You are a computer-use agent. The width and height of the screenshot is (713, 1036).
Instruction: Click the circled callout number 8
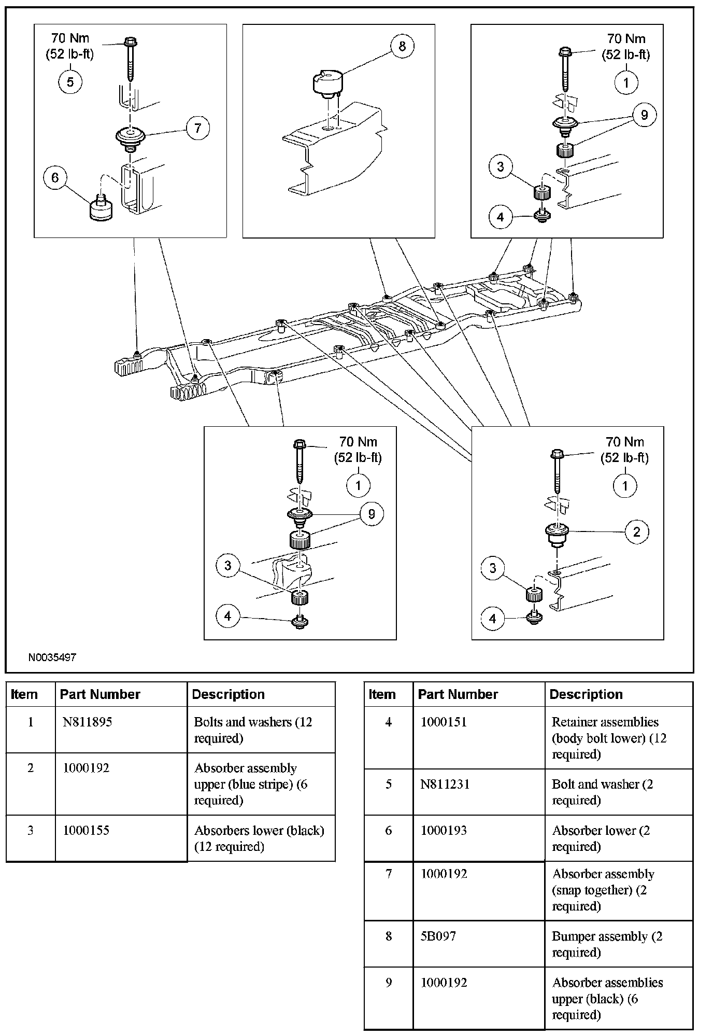(402, 47)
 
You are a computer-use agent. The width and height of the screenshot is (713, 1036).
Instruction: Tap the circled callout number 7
(198, 128)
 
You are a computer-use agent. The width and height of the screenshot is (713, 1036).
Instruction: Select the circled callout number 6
(55, 178)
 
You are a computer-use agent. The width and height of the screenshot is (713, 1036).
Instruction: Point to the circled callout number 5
(70, 82)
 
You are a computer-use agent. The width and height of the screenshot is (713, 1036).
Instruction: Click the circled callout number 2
(636, 531)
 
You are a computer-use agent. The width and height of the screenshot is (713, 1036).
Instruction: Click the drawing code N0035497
(52, 657)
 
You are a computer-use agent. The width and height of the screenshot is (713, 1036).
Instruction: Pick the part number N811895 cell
(87, 722)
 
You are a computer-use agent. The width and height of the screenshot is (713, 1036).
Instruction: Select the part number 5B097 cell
(438, 936)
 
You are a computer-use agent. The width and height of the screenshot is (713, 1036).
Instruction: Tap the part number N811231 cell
(445, 784)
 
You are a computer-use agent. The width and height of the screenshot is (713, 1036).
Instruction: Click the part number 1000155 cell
(86, 830)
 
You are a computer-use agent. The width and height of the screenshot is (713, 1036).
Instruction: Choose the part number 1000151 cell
(444, 722)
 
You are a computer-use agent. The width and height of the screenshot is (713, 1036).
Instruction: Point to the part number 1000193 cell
(444, 830)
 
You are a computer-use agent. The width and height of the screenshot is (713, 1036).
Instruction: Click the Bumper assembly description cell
(607, 944)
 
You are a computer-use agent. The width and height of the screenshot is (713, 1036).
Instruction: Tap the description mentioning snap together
(603, 890)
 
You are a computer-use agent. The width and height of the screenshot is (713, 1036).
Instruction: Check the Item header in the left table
(24, 694)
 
